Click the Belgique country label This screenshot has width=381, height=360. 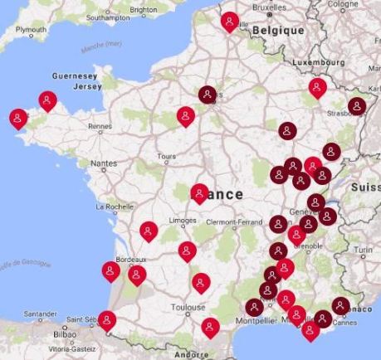pyautogui.click(x=277, y=30)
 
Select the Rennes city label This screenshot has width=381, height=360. pyautogui.click(x=100, y=126)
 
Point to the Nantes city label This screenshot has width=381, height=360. pyautogui.click(x=104, y=163)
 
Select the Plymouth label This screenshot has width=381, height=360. pyautogui.click(x=32, y=30)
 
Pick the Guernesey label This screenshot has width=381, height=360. pyautogui.click(x=76, y=75)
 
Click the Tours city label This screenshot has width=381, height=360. pyautogui.click(x=166, y=156)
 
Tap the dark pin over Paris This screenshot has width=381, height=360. pyautogui.click(x=207, y=94)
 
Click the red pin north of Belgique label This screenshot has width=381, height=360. pyautogui.click(x=230, y=21)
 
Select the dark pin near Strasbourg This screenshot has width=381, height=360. pyautogui.click(x=357, y=105)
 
